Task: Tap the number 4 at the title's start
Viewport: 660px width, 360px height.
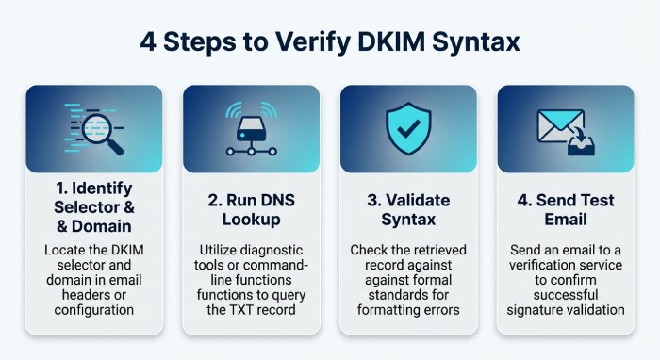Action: coord(148,42)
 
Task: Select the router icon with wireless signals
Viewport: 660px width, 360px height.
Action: coord(252,128)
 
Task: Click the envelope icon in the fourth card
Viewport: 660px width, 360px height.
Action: coord(560,125)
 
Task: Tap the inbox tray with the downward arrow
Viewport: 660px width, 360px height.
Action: coord(581,142)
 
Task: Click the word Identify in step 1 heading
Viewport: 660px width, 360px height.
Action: coord(102,188)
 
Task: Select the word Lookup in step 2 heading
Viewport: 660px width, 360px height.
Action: coord(252,220)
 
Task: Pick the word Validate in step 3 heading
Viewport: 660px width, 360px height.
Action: coord(418,200)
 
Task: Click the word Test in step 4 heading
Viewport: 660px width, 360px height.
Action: coord(596,200)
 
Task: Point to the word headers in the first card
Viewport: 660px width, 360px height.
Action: coord(85,295)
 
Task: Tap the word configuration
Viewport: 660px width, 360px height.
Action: coord(94,310)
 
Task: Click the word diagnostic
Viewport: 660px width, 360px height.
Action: coord(270,251)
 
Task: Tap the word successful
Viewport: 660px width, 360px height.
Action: coord(566,295)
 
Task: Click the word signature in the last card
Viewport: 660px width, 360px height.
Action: coord(534,310)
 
